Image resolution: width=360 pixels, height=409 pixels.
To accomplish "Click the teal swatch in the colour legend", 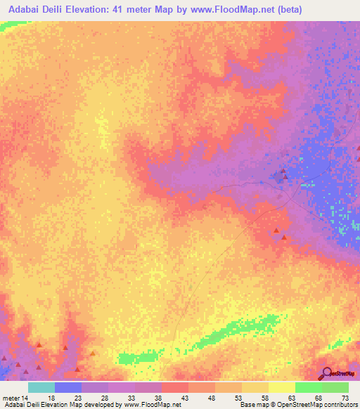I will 41,387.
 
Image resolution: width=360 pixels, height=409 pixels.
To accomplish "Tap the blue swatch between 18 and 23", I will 68,387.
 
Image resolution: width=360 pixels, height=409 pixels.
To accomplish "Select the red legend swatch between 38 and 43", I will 175,387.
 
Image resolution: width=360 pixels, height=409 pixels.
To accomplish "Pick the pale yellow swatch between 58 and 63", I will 282,387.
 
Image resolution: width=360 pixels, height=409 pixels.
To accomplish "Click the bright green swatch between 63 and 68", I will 309,387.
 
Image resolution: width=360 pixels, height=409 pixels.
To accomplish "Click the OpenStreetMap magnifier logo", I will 327,373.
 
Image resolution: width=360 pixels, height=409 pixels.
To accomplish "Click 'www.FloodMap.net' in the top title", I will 250,9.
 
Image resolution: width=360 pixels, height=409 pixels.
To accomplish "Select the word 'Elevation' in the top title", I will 105,9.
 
